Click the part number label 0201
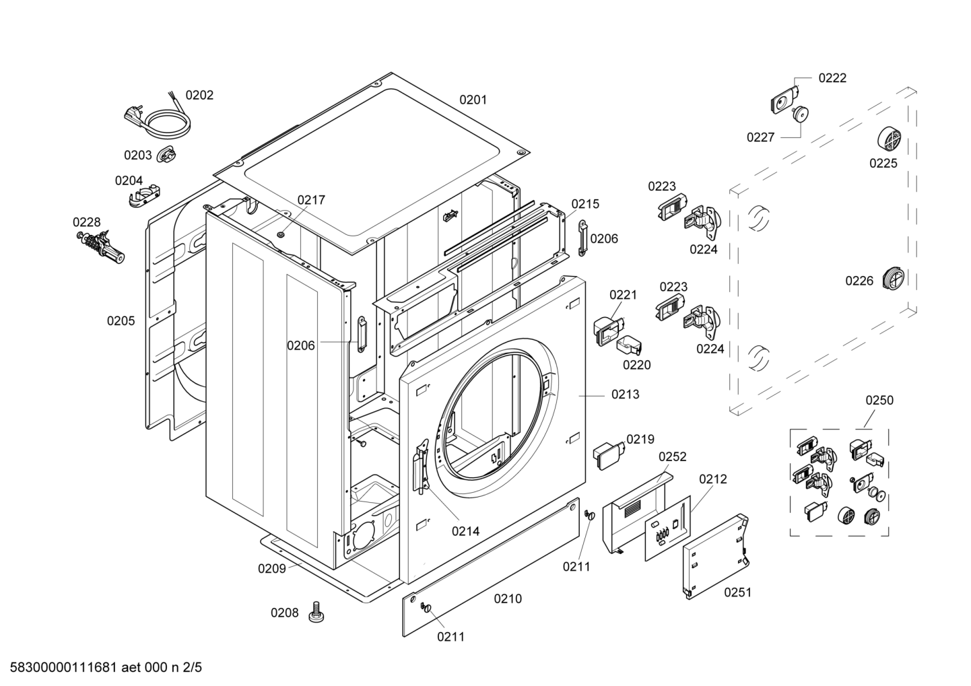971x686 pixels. [473, 100]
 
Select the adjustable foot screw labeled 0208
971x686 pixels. [316, 611]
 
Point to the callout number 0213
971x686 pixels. [625, 395]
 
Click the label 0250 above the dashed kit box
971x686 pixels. [879, 401]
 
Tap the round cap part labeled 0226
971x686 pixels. [894, 279]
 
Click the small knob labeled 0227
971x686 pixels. [800, 114]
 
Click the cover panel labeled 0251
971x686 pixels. [715, 557]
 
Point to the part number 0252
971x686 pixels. [672, 456]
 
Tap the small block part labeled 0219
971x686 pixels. [609, 455]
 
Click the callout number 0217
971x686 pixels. [311, 200]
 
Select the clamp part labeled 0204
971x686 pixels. [144, 194]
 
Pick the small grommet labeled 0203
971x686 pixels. [166, 155]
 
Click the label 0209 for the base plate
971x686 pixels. [272, 569]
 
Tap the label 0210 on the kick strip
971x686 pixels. [508, 599]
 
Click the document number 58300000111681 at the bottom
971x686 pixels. [64, 667]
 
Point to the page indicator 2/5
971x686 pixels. [192, 667]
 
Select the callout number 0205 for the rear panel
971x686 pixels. [121, 321]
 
